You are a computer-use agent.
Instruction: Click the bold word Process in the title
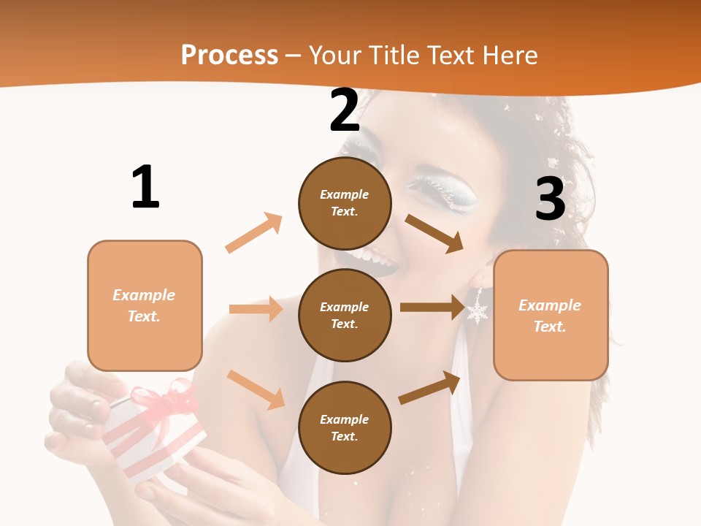pos(229,55)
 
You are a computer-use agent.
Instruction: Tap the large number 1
pos(145,187)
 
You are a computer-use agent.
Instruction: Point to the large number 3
pos(550,199)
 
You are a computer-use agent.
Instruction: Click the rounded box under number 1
pos(145,305)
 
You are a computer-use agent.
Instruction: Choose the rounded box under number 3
pos(551,315)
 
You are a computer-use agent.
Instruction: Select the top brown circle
pos(345,203)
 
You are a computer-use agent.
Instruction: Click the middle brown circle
pos(345,315)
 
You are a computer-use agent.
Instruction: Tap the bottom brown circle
pos(345,427)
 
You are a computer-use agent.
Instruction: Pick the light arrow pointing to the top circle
pos(254,233)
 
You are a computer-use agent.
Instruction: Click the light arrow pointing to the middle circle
pos(256,309)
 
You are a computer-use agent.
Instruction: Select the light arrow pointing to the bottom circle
pos(256,389)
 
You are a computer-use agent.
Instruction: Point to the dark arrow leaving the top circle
pos(434,234)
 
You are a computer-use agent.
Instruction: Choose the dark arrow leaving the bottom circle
pos(429,388)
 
